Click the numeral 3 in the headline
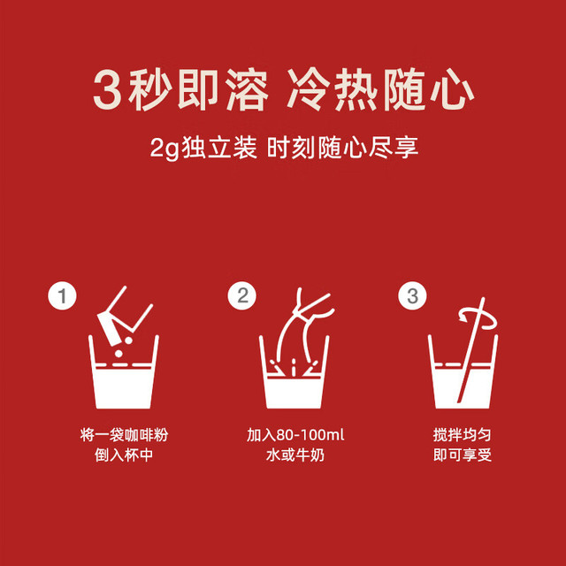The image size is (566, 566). click(x=107, y=89)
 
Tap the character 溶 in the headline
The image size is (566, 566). click(x=248, y=89)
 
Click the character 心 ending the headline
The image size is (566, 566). click(x=452, y=89)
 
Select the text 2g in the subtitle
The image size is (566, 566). click(x=164, y=148)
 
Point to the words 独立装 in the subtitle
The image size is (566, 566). click(x=219, y=148)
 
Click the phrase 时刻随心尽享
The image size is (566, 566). click(x=343, y=148)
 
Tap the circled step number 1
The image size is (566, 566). click(x=63, y=295)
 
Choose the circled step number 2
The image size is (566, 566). click(x=242, y=295)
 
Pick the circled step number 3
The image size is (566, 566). click(x=412, y=295)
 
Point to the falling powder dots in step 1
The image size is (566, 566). click(x=124, y=347)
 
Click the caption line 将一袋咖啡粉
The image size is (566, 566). click(x=124, y=434)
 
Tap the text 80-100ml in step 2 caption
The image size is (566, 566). click(x=310, y=435)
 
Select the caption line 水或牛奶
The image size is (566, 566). click(x=294, y=455)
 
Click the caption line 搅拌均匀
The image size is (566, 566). click(x=463, y=434)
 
